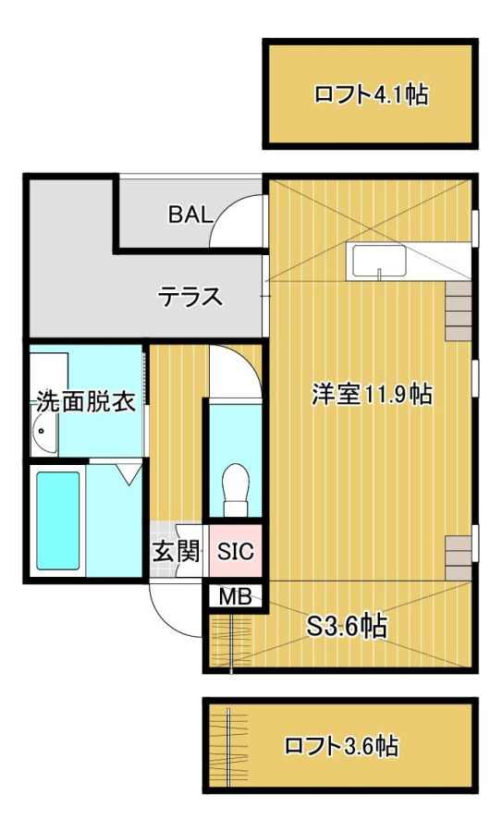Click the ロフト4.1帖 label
pyautogui.click(x=371, y=95)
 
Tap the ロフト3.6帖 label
pyautogui.click(x=341, y=745)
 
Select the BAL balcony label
pyautogui.click(x=190, y=214)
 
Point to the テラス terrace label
pyautogui.click(x=191, y=296)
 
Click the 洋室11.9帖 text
pyautogui.click(x=372, y=394)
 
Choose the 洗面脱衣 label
pyautogui.click(x=86, y=402)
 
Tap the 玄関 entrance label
pyautogui.click(x=177, y=551)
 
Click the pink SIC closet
pyautogui.click(x=236, y=550)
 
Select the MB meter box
pyautogui.click(x=236, y=597)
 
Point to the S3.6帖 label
pyautogui.click(x=348, y=627)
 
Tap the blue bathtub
pyautogui.click(x=58, y=520)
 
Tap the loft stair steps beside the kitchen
pyautogui.click(x=459, y=311)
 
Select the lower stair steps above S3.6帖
pyautogui.click(x=459, y=558)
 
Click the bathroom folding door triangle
pyautogui.click(x=129, y=473)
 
